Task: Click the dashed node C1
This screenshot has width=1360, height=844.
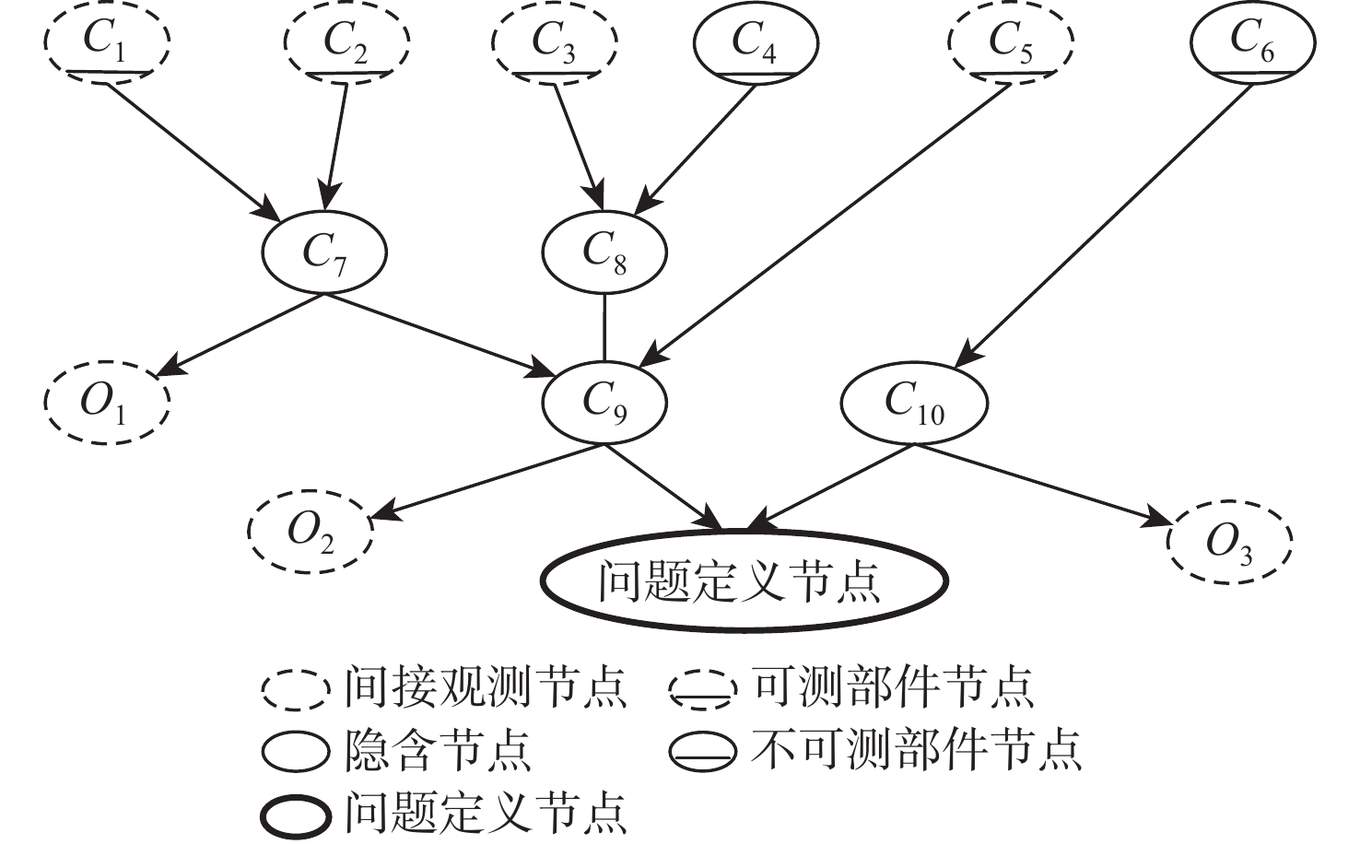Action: coord(108,42)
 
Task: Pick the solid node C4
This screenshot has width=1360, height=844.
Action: coord(755,42)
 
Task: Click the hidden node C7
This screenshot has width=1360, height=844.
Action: coord(325,252)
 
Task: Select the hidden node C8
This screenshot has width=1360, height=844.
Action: coord(604,252)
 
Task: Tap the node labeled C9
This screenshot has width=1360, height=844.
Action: coord(604,402)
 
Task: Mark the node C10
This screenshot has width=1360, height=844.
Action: coord(914,402)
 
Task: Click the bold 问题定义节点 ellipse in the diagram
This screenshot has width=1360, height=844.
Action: coord(743,581)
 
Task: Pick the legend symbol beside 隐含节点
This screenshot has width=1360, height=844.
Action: coord(295,752)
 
